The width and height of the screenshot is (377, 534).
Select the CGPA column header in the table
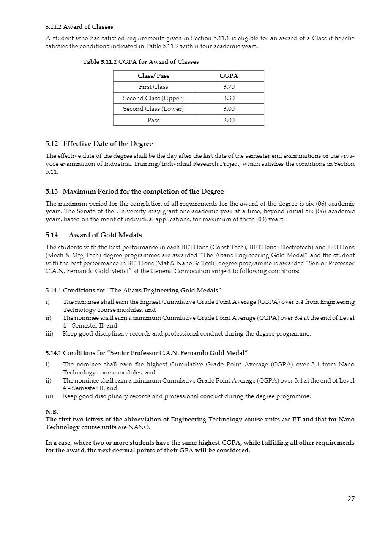pyautogui.click(x=229, y=76)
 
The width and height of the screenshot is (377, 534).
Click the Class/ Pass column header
pyautogui.click(x=153, y=76)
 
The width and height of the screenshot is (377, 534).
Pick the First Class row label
pyautogui.click(x=153, y=87)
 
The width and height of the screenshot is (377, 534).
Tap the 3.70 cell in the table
pyautogui.click(x=229, y=87)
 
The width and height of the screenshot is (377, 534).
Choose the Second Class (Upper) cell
pyautogui.click(x=153, y=98)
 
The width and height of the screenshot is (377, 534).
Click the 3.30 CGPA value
pyautogui.click(x=229, y=98)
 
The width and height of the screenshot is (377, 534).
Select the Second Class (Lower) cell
pyautogui.click(x=153, y=109)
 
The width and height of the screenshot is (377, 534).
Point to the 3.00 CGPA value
pyautogui.click(x=229, y=109)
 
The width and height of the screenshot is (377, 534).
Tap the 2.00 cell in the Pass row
pyautogui.click(x=229, y=120)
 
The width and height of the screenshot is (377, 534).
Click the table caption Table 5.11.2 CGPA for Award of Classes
pyautogui.click(x=140, y=62)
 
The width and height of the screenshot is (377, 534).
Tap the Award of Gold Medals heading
pyautogui.click(x=105, y=235)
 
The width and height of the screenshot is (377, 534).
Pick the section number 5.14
pyautogui.click(x=52, y=235)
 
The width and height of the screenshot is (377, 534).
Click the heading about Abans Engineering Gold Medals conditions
pyautogui.click(x=133, y=290)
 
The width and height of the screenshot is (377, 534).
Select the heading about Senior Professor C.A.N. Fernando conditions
pyautogui.click(x=146, y=353)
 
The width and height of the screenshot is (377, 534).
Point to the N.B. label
pyautogui.click(x=52, y=412)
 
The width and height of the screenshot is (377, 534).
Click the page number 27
pyautogui.click(x=351, y=499)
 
